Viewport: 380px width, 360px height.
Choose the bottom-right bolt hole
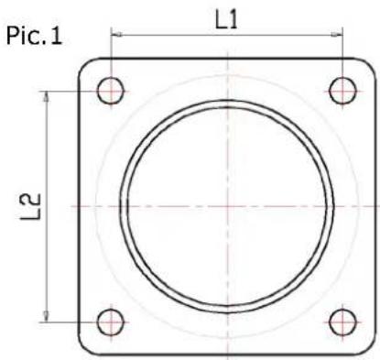point(342,322)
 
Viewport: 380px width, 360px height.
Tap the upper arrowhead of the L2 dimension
point(46,94)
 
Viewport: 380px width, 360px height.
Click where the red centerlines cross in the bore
point(227,206)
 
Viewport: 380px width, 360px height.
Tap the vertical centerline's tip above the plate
point(227,48)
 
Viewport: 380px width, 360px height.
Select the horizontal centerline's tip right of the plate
point(377,206)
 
